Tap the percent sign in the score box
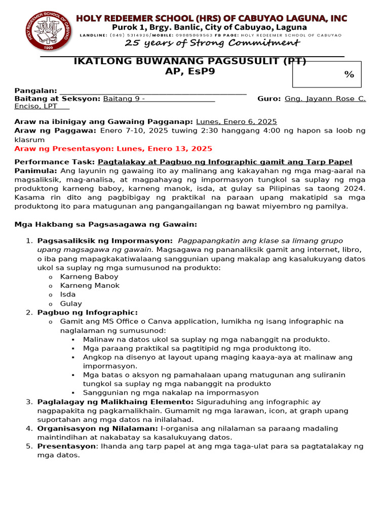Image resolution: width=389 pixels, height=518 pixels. point(349,74)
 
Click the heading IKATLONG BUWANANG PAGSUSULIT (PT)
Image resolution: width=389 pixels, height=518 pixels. point(190,61)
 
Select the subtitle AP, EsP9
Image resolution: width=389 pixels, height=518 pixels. point(190,71)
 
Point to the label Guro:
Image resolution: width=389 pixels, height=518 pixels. point(269,99)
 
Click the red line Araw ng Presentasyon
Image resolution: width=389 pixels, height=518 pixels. point(113,149)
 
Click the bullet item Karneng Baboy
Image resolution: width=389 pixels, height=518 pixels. point(89,277)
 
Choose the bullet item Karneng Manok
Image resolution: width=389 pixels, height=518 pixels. point(90,286)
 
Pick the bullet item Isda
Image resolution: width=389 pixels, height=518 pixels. point(68,294)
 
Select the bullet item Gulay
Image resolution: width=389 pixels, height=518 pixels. point(71,304)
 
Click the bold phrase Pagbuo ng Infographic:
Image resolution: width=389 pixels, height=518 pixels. point(88,313)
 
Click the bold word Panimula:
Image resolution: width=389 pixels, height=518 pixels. point(36,171)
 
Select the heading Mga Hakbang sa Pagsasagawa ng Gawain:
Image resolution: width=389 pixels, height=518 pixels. point(106,224)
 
